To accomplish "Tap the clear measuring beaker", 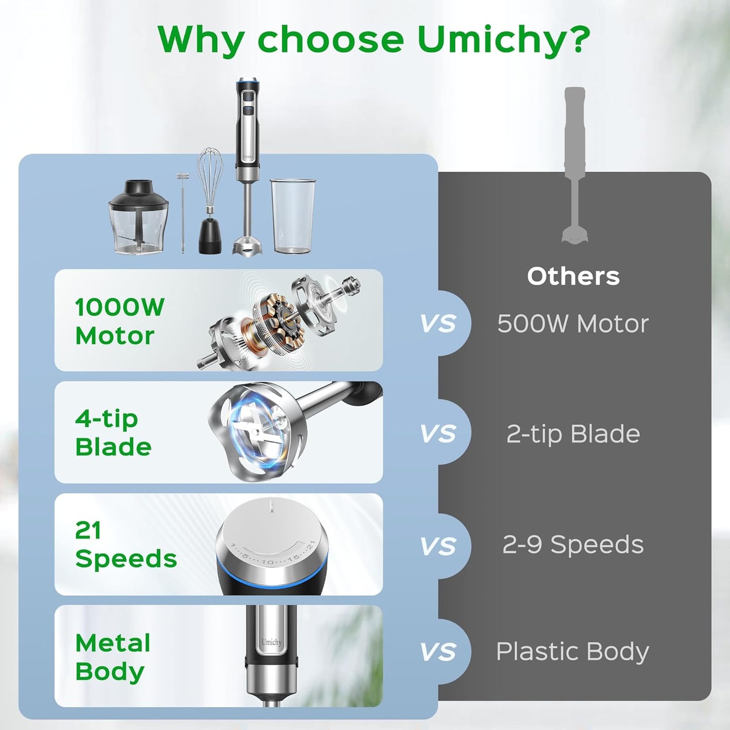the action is click(293, 216).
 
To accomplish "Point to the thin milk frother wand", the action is click(182, 213).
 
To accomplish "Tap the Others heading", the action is click(573, 276).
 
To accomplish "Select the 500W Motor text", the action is click(573, 324).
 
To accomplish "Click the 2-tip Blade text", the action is click(573, 433).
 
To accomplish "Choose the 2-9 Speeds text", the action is click(573, 545).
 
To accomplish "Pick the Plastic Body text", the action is click(573, 652).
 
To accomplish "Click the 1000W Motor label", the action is click(120, 321).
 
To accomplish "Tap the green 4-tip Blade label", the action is click(113, 433).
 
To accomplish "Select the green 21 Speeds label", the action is click(126, 545).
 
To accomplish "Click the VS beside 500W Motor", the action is click(438, 323).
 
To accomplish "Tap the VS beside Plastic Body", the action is click(438, 652).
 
